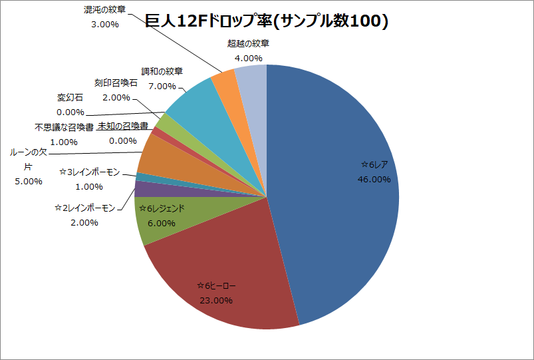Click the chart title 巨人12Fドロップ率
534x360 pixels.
click(266, 22)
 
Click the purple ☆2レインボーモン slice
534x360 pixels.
click(140, 189)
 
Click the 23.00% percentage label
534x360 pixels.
click(215, 300)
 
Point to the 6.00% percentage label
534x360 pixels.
click(161, 224)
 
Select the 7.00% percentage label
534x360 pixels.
click(162, 86)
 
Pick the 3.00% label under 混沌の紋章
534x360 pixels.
click(104, 25)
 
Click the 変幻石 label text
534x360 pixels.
click(70, 98)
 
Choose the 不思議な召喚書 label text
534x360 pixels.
click(64, 127)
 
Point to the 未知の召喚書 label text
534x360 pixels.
click(122, 126)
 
